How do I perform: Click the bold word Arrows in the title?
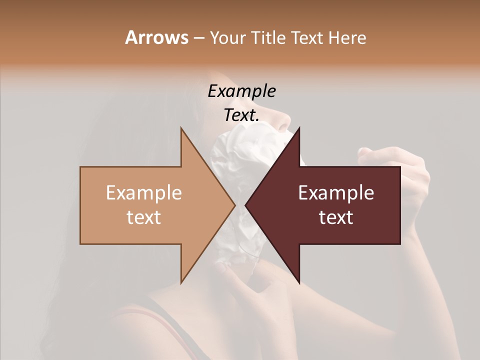coord(157,37)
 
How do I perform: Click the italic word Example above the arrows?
coord(242,91)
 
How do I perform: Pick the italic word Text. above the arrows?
coord(242,115)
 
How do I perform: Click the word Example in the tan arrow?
coord(144,193)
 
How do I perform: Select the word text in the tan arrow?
coord(144,217)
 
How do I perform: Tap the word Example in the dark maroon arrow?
coord(336,193)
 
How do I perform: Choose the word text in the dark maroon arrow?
coord(336,217)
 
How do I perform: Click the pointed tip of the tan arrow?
coord(235,205)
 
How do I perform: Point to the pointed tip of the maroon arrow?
coord(245,205)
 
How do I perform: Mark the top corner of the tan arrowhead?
coord(181,128)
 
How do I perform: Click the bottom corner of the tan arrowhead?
coord(181,282)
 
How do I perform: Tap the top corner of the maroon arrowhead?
coord(299,128)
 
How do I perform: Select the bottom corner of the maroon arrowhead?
coord(299,282)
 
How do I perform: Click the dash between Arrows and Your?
coord(198,38)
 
